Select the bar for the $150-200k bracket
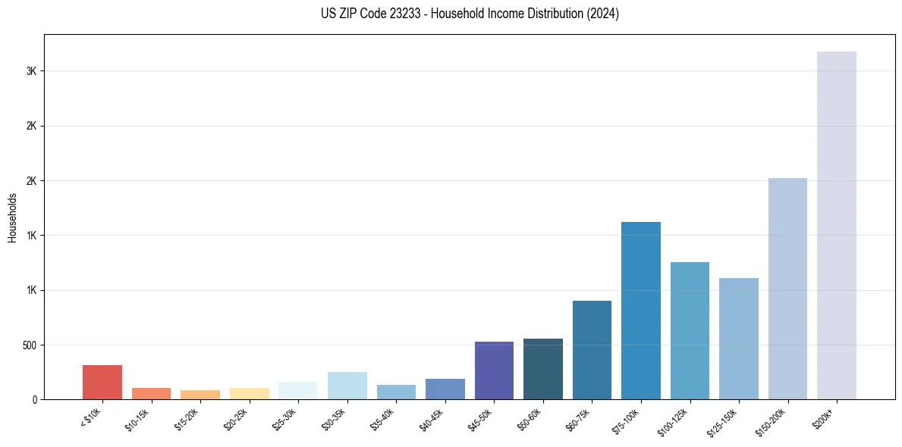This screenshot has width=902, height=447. point(787,289)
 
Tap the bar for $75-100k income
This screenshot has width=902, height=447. point(641,311)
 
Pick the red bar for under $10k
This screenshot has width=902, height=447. point(102,382)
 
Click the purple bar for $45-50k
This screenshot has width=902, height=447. point(494,370)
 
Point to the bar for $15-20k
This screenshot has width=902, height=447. point(200,395)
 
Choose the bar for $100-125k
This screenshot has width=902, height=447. point(690,330)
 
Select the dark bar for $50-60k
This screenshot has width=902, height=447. point(543,369)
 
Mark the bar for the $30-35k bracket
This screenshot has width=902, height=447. point(347,386)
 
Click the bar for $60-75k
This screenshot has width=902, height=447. point(592,350)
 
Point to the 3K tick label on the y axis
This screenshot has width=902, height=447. point(31,71)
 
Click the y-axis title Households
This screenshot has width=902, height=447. point(12,217)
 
